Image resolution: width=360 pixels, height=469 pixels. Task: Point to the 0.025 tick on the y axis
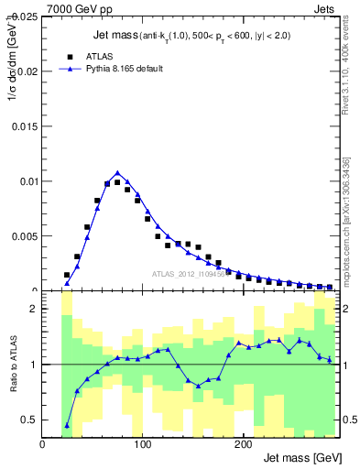(23, 16)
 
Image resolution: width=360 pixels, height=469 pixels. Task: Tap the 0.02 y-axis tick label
(26, 71)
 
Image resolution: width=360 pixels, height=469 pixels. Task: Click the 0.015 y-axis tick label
(23, 126)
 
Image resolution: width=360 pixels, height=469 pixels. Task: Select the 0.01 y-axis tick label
(26, 181)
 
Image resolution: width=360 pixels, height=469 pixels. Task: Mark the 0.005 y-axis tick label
(23, 236)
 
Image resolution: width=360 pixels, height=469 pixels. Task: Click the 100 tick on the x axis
(142, 444)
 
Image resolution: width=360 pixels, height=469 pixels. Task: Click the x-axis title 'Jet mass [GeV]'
(301, 458)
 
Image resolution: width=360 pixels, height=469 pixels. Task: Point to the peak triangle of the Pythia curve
(117, 172)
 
